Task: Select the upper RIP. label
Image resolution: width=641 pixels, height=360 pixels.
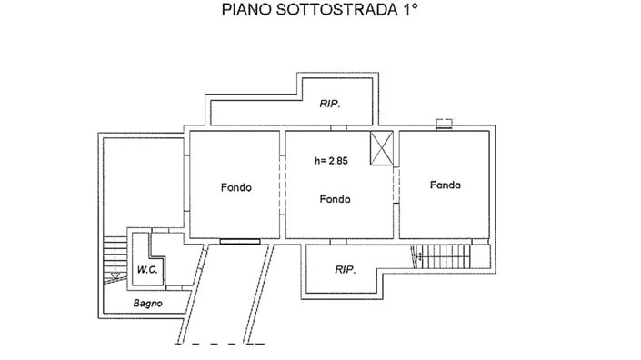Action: tap(330, 105)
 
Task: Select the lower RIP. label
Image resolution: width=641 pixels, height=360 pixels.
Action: tap(345, 270)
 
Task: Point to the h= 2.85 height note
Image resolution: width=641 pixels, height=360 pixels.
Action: tap(331, 162)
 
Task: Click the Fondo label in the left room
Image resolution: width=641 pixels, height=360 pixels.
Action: tap(235, 188)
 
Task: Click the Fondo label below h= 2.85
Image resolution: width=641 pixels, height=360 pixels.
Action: tap(336, 199)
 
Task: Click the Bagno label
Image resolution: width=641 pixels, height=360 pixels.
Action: tap(147, 304)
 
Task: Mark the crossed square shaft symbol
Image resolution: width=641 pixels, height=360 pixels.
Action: tap(382, 148)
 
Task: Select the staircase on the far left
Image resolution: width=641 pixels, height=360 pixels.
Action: tap(115, 257)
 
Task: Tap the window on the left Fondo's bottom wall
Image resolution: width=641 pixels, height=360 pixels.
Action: tap(238, 242)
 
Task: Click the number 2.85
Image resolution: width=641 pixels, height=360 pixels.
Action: tap(340, 162)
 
